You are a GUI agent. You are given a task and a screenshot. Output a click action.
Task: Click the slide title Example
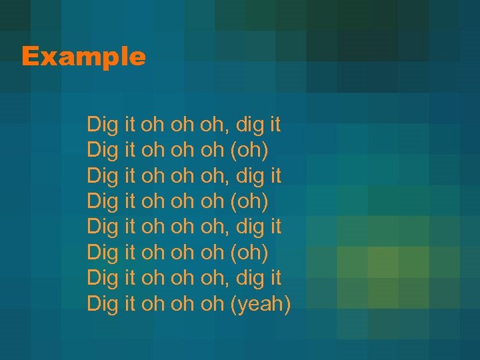click(x=83, y=57)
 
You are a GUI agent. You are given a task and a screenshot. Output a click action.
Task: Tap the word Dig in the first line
click(x=103, y=125)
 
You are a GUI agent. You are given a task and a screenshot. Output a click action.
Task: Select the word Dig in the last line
click(x=103, y=305)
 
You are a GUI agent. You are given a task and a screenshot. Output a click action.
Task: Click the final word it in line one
click(x=275, y=125)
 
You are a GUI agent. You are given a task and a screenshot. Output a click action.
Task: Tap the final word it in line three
click(x=275, y=176)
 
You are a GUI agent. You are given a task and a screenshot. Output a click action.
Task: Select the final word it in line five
click(x=275, y=227)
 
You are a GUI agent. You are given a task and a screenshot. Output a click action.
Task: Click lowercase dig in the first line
click(x=250, y=125)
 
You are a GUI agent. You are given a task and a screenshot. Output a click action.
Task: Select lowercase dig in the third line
click(x=250, y=176)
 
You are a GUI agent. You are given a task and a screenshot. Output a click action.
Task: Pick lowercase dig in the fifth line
click(x=250, y=227)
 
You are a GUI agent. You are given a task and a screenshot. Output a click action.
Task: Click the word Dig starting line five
click(x=103, y=227)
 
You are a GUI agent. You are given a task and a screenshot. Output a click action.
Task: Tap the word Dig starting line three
click(x=103, y=176)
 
